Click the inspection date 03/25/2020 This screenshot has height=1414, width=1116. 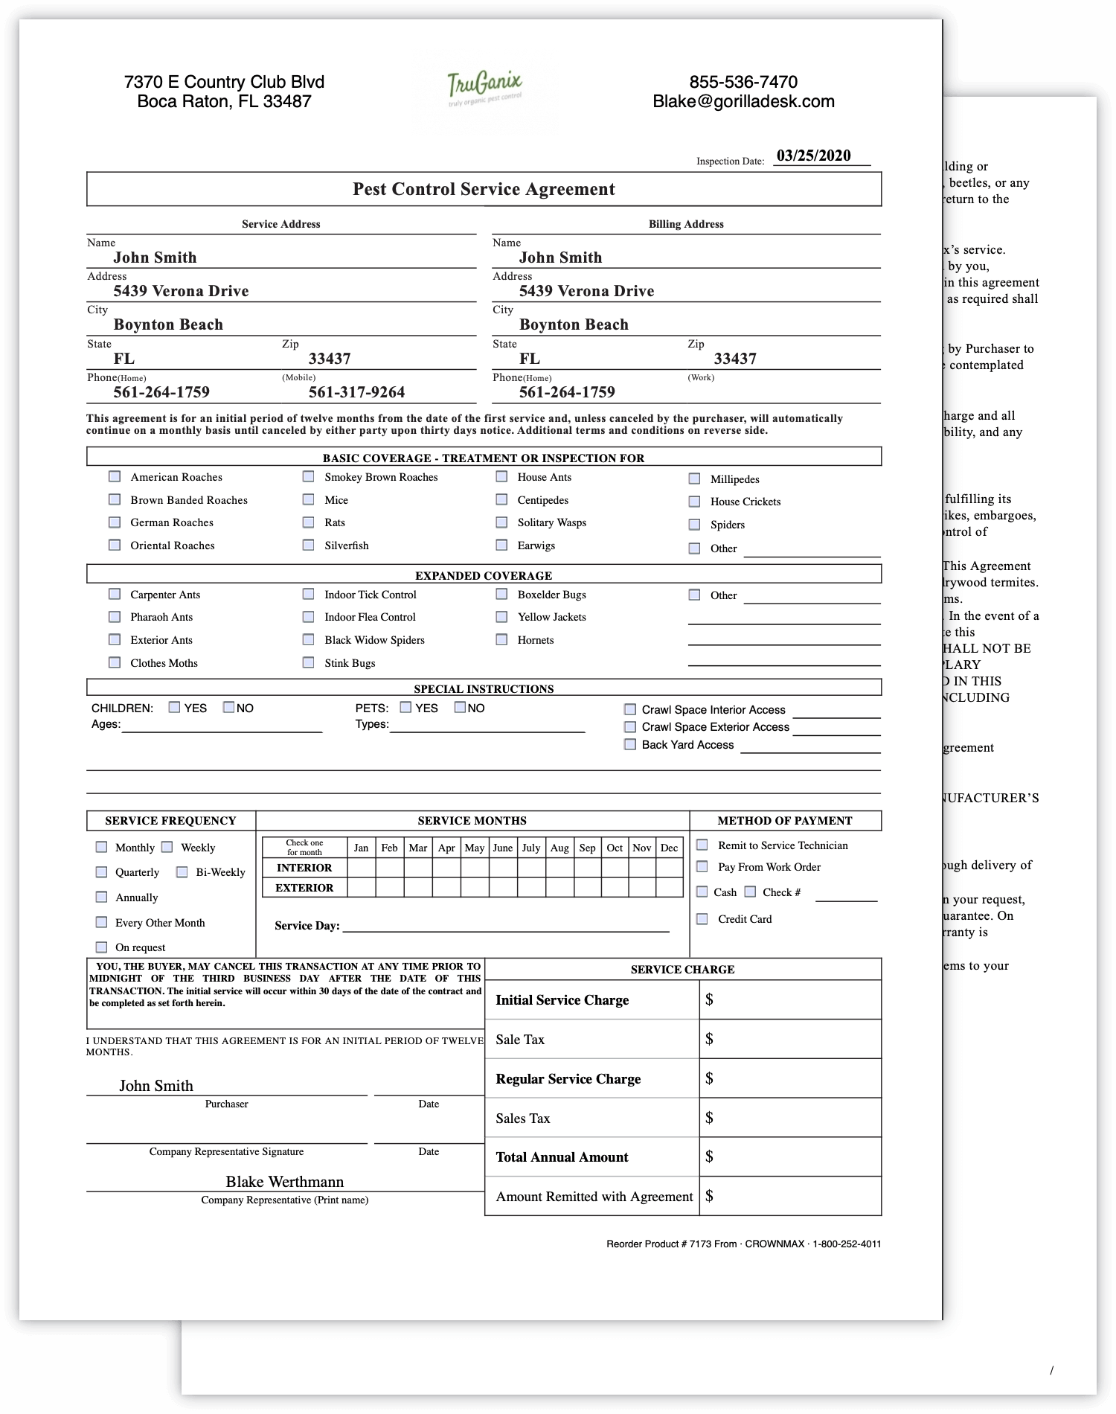813,156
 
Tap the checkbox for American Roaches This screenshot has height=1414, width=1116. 115,477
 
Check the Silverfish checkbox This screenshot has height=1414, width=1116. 308,546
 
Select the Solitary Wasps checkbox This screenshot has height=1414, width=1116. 502,522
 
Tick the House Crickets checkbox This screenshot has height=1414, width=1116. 694,502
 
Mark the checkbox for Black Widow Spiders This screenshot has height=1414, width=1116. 308,640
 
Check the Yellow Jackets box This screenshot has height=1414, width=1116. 502,617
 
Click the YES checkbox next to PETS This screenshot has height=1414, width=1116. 405,708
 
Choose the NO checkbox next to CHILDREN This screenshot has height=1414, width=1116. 229,708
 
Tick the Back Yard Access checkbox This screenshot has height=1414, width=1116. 630,745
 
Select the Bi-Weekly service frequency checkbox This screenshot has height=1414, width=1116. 182,872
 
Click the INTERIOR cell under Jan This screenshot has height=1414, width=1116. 362,868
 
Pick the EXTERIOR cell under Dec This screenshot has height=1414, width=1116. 669,888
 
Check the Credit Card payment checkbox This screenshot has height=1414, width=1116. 702,919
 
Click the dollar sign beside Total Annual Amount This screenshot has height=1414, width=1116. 709,1157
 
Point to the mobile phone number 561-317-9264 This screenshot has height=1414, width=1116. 356,392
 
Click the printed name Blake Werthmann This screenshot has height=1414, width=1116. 285,1182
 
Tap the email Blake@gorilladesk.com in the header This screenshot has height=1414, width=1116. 743,101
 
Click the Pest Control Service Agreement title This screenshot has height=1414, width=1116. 484,189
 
